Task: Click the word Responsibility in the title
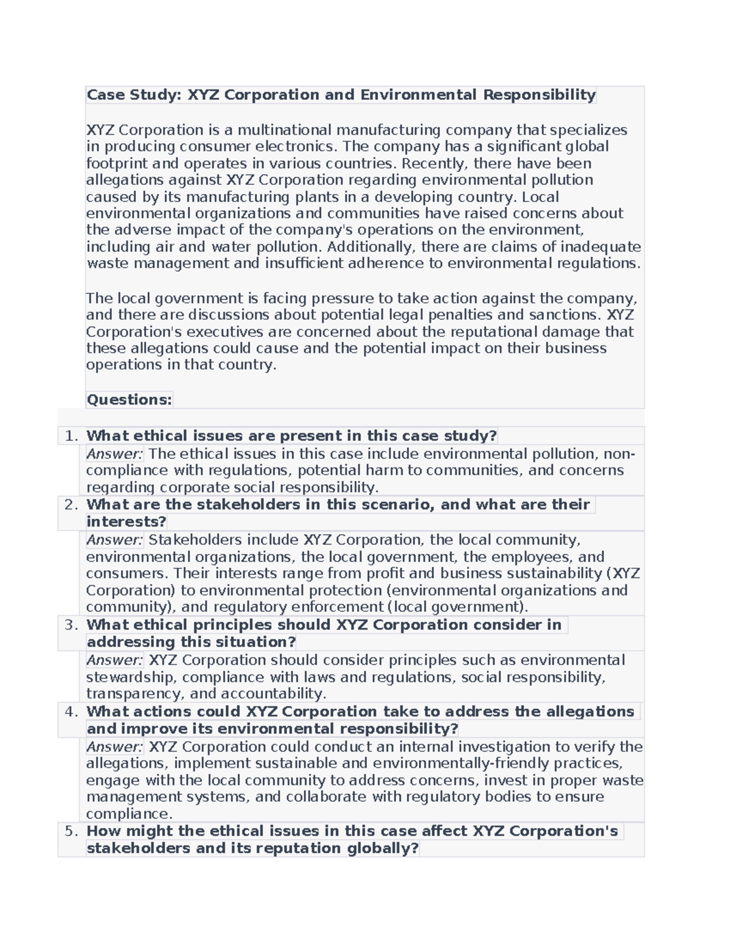pos(539,95)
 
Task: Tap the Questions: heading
pos(130,400)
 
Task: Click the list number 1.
pos(71,436)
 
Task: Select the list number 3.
pos(71,625)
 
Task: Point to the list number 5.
pos(71,831)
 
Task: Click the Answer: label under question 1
pos(114,454)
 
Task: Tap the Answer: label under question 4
pos(114,747)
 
